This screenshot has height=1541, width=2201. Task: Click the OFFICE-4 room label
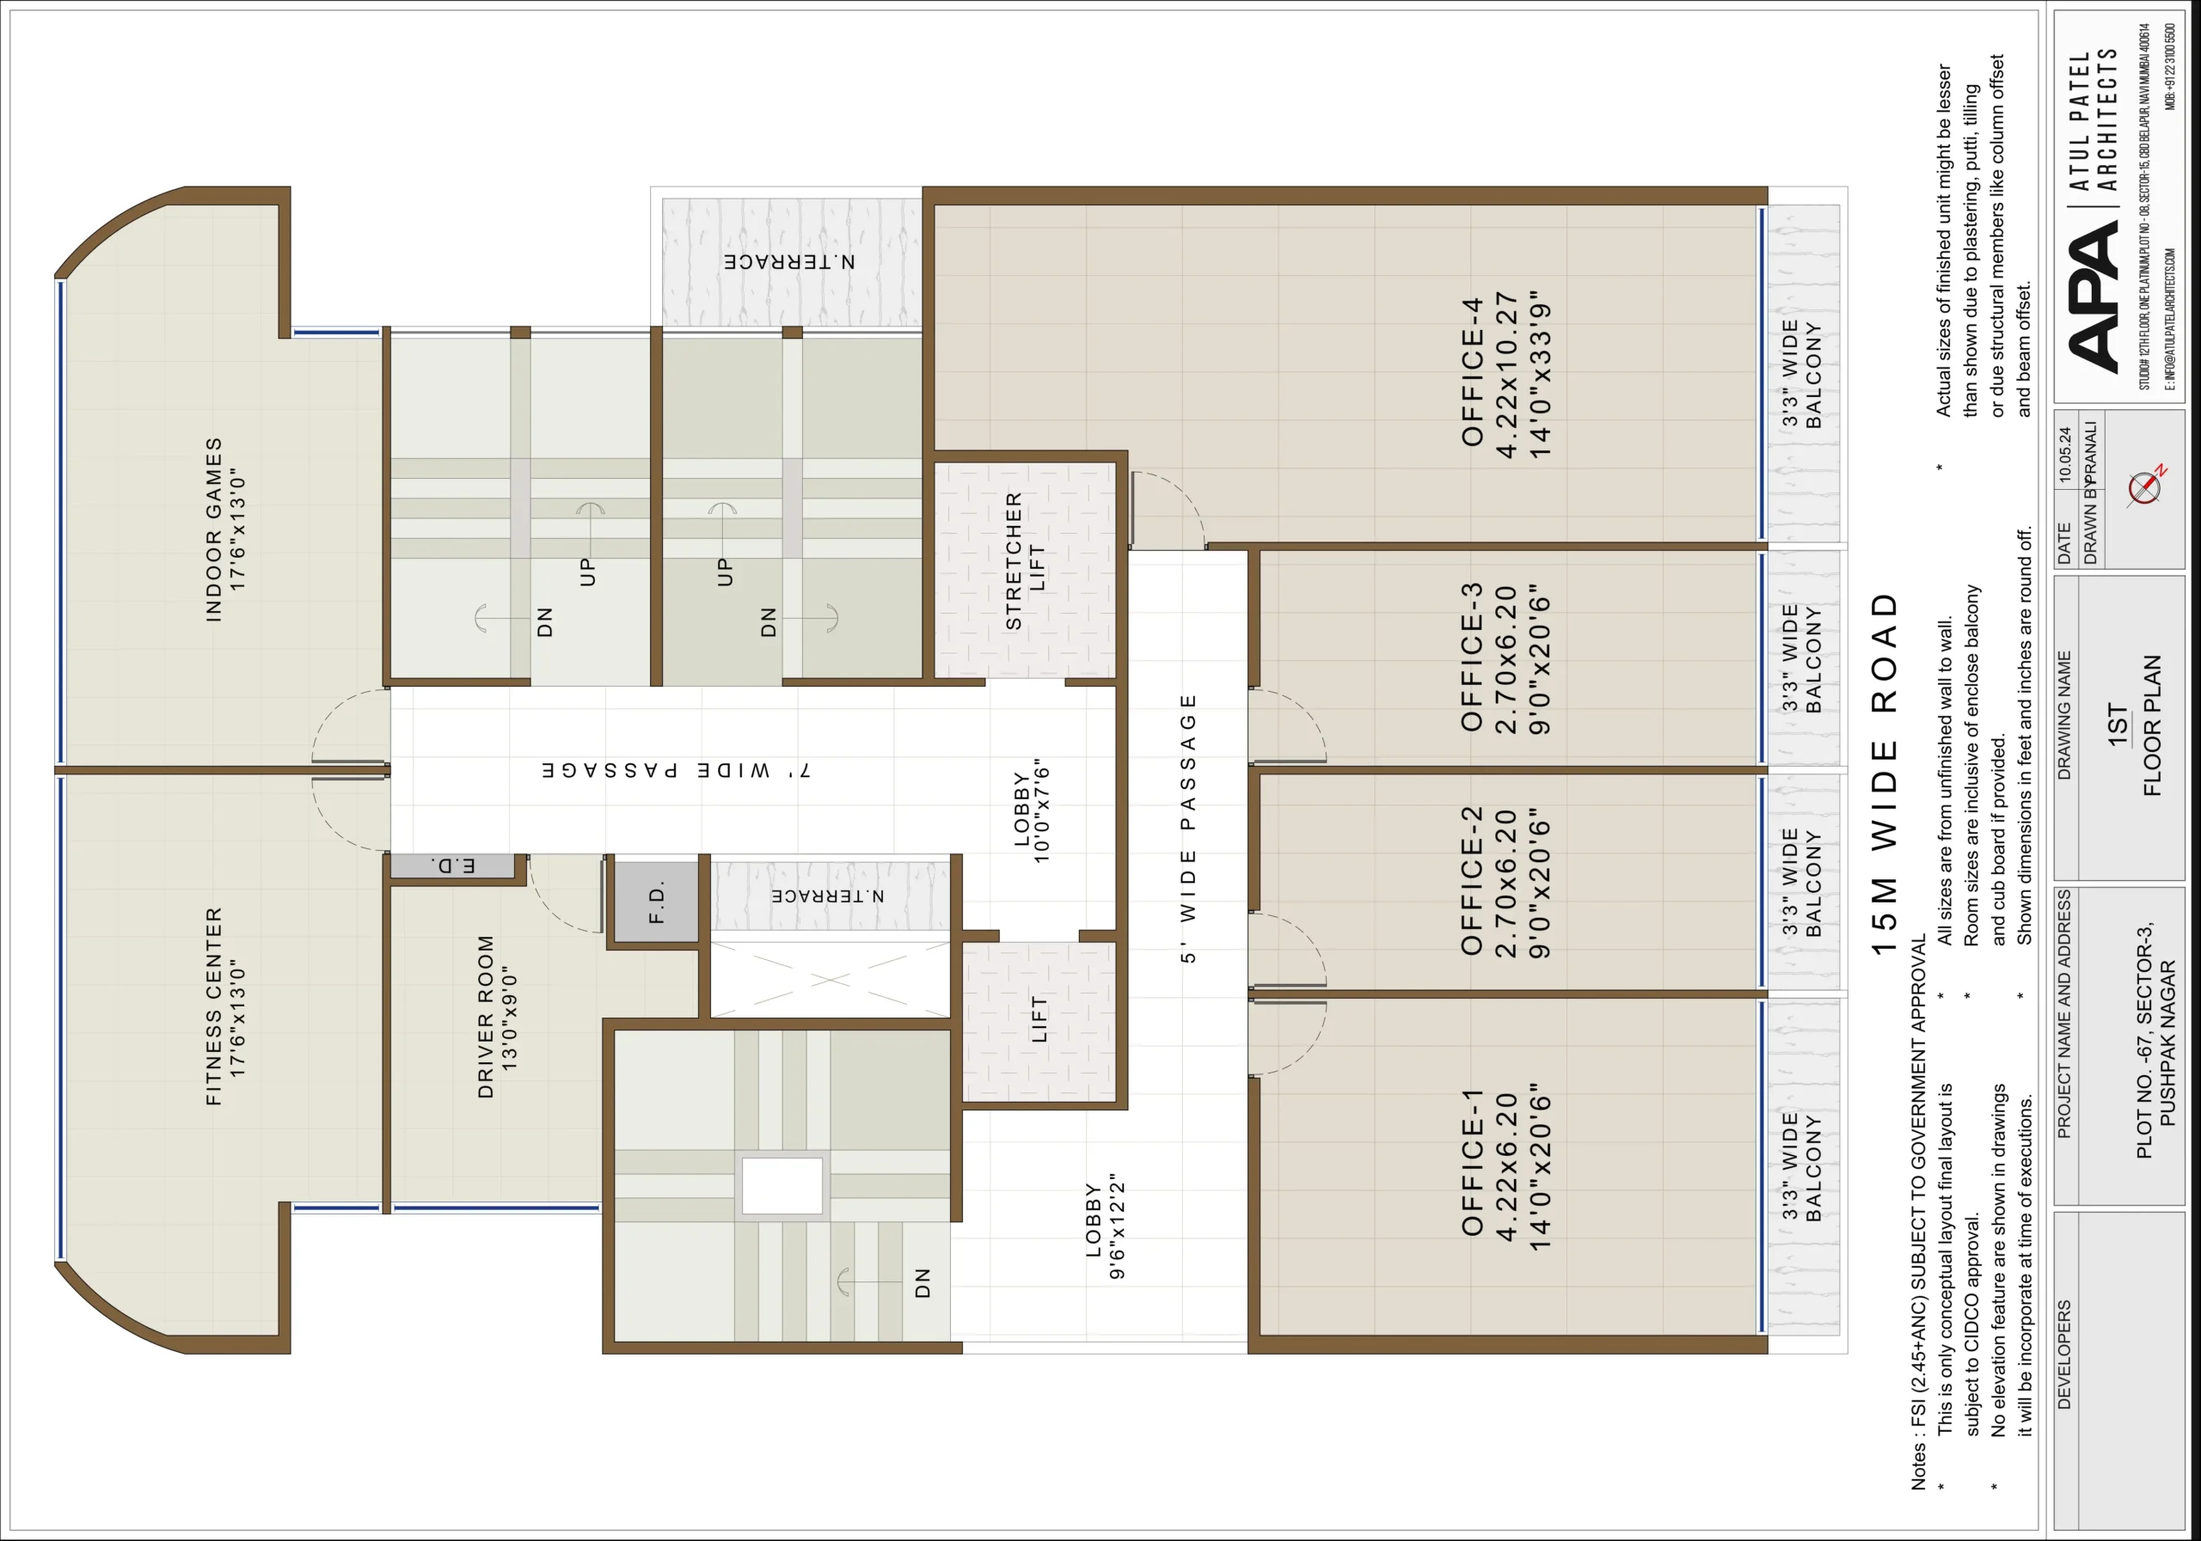(x=1474, y=372)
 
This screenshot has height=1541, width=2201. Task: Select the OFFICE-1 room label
(x=1474, y=1161)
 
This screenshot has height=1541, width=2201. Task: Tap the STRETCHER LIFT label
(x=1025, y=561)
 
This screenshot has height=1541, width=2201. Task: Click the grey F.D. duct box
(x=657, y=902)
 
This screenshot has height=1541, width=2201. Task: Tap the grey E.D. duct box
(x=453, y=866)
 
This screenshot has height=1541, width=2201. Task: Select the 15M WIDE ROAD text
(x=1885, y=774)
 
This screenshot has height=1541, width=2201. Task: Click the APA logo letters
(x=2093, y=299)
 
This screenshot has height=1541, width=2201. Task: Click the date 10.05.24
(x=2065, y=456)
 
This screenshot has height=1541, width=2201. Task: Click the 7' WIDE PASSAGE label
(x=676, y=770)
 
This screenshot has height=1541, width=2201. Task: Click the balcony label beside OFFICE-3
(x=1801, y=658)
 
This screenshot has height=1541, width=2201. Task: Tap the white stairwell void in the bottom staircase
(x=782, y=1185)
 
